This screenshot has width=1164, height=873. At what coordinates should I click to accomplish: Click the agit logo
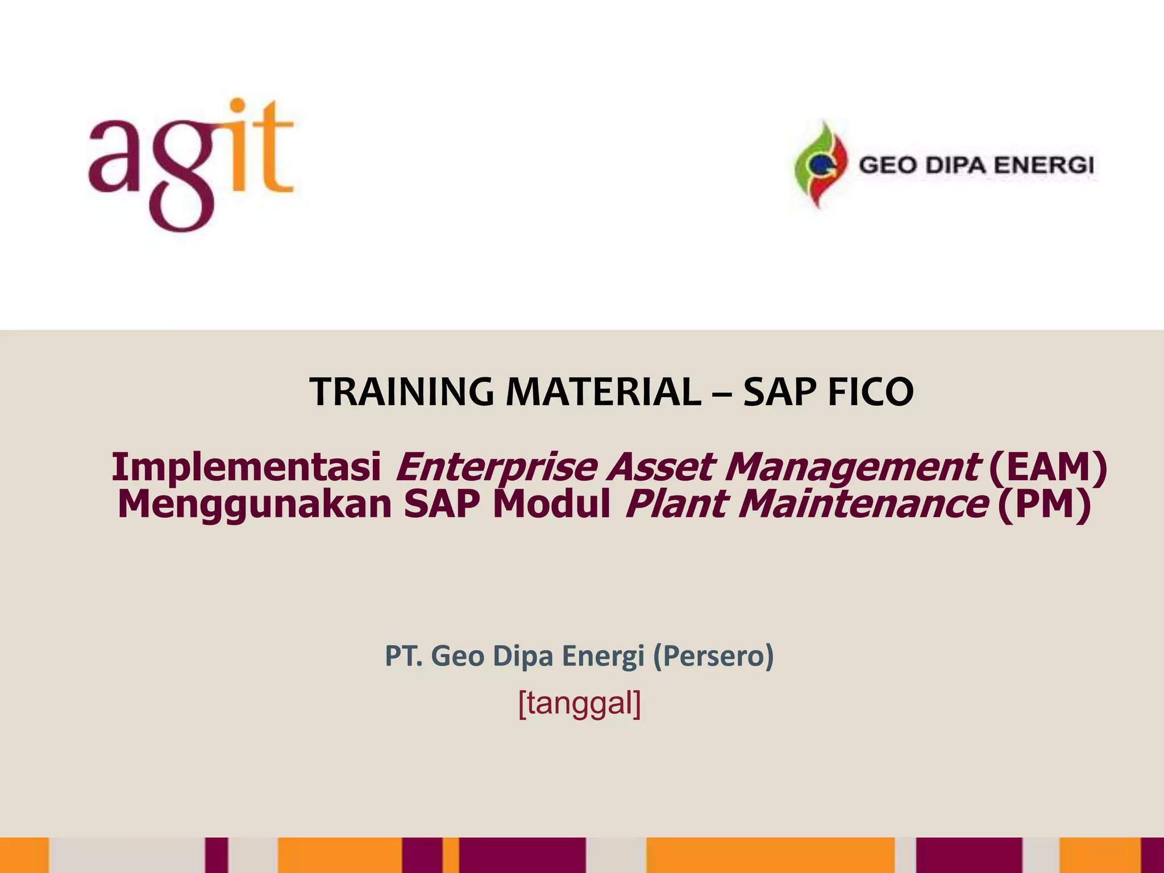click(190, 165)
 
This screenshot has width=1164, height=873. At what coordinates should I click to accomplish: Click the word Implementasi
click(246, 467)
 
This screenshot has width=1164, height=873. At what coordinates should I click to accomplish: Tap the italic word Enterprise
click(496, 467)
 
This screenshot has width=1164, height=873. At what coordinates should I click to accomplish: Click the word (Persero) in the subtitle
click(713, 656)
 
